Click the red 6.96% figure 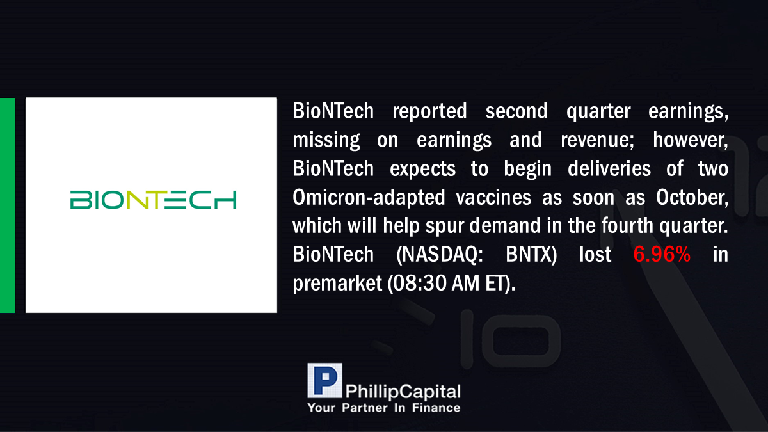pos(662,255)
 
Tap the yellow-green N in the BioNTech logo pos(138,200)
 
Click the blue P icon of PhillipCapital pos(324,380)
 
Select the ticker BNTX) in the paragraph pos(531,255)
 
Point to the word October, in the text pos(692,198)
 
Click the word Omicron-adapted pos(369,198)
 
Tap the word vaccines pos(493,198)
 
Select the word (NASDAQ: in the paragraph pos(440,255)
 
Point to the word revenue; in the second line pos(597,140)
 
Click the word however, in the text pos(691,140)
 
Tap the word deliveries pos(609,169)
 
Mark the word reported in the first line pos(429,112)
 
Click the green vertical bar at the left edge pos(7,205)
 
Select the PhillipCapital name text pos(403,392)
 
